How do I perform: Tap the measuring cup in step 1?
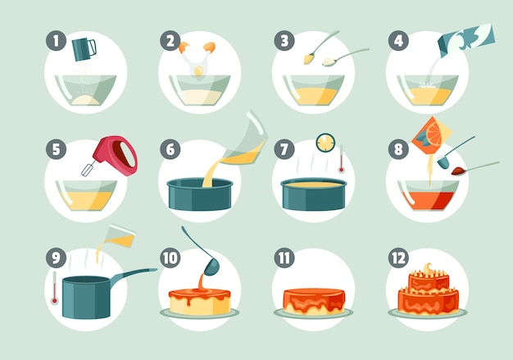pos(84,48)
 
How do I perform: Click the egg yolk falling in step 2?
pos(198,71)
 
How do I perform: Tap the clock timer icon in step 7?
pos(325,142)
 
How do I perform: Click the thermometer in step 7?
pos(341,159)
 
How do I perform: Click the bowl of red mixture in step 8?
pos(428,194)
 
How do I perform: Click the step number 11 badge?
pos(284,257)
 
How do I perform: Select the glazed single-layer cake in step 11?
pos(313,301)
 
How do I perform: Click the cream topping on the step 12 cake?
pos(428,271)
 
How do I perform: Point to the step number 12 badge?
pos(397,257)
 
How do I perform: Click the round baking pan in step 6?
pos(199,194)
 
